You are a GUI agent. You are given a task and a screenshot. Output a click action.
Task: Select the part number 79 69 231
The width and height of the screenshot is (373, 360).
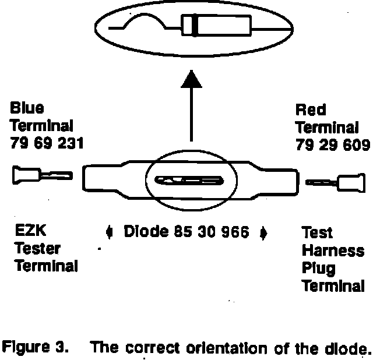pyautogui.click(x=47, y=143)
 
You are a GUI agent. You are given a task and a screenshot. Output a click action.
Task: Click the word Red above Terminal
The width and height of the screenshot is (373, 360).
pyautogui.click(x=311, y=110)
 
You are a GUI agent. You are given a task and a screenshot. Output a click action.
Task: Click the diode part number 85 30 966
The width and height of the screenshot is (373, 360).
pyautogui.click(x=212, y=232)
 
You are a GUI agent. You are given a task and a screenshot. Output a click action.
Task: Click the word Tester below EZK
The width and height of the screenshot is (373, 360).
pyautogui.click(x=36, y=249)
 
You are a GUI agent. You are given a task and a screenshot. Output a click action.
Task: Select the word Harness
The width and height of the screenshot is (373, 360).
pyautogui.click(x=333, y=251)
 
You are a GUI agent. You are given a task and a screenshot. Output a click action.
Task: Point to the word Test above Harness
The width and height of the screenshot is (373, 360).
pyautogui.click(x=317, y=234)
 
